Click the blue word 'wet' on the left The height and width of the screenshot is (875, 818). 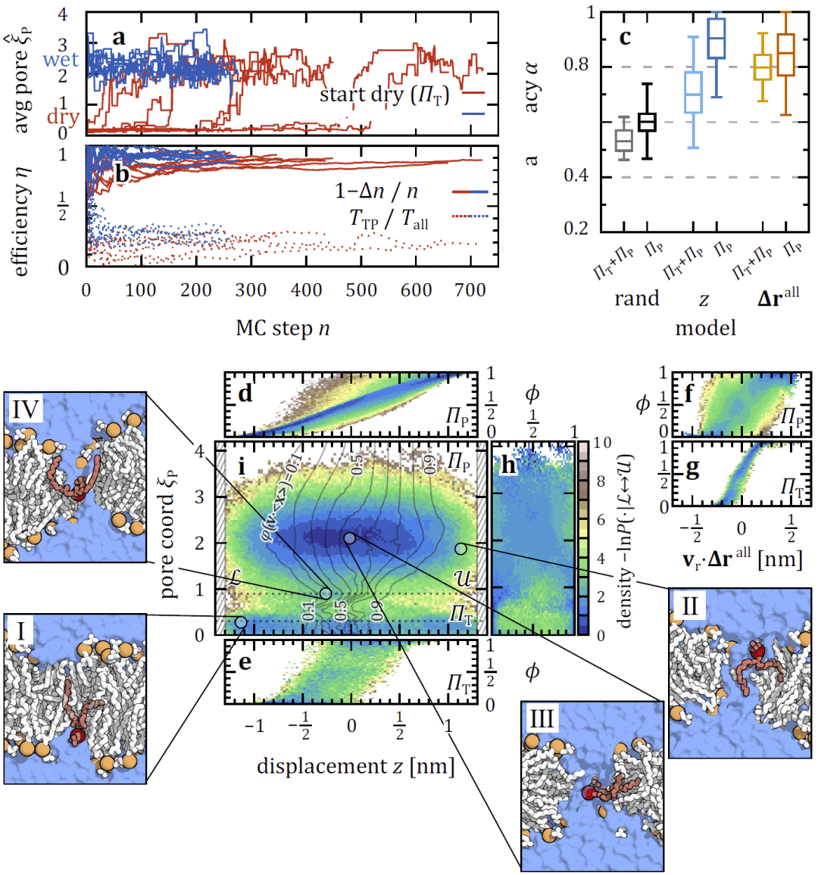pos(61,59)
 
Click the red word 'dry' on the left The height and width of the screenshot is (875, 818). pos(63,117)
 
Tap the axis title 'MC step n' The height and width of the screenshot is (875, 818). pos(283,329)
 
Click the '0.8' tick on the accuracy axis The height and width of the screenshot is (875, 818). pos(576,66)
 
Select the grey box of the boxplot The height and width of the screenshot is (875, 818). pos(624,140)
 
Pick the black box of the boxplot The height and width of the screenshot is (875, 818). pos(647,122)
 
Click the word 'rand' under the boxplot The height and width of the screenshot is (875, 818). pos(636,298)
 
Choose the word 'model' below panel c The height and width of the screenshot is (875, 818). pos(704,329)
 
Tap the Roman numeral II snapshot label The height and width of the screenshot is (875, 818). pos(690,607)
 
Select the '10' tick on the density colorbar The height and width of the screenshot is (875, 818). pos(600,443)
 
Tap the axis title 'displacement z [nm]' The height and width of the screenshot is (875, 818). pos(355,766)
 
